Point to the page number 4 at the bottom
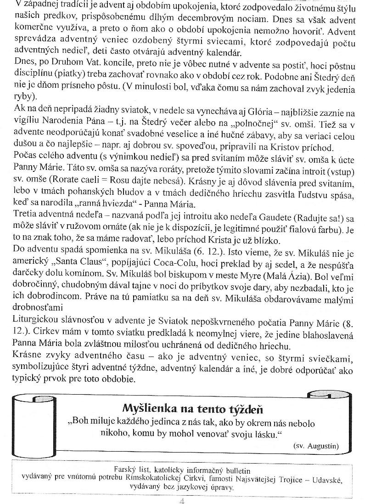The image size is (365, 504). pos(182,500)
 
